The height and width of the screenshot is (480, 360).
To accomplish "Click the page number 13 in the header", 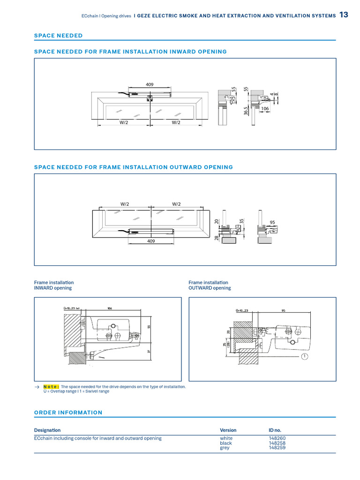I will click(x=344, y=15).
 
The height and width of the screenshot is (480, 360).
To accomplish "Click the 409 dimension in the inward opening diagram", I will click(x=150, y=85).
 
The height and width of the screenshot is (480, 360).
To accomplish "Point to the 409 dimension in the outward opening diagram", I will click(x=150, y=241).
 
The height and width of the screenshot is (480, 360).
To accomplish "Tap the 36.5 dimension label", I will click(x=246, y=112).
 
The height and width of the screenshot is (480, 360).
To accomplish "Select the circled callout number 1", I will click(x=305, y=357).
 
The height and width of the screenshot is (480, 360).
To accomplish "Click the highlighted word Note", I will click(x=51, y=387).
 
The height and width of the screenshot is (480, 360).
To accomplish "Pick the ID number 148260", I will click(x=277, y=438).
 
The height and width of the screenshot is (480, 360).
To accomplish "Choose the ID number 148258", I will click(x=277, y=443).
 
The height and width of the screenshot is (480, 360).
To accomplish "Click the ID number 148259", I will click(x=277, y=448).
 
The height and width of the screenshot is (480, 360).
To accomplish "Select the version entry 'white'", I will click(x=226, y=438).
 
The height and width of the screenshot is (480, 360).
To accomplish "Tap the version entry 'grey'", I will click(x=225, y=448).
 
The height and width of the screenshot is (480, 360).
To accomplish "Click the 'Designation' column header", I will click(x=47, y=430).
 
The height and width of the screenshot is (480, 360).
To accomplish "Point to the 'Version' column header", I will click(x=228, y=430).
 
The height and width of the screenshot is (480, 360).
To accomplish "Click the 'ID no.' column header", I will click(x=275, y=430).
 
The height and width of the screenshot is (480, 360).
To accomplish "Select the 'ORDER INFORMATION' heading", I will click(x=68, y=412).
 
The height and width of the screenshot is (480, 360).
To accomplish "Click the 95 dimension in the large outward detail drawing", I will click(x=284, y=310).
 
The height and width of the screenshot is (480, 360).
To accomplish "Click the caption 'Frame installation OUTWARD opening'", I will click(x=210, y=285).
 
